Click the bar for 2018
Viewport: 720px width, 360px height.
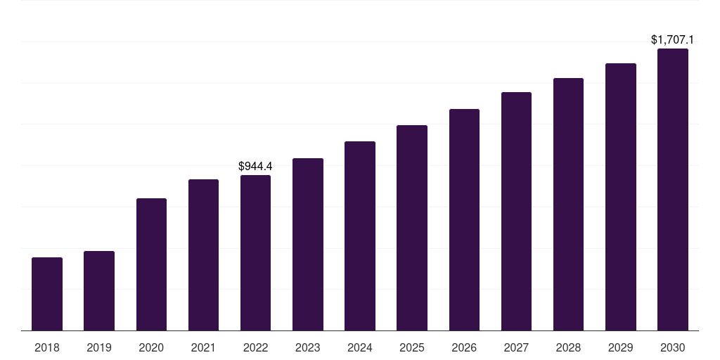click(47, 294)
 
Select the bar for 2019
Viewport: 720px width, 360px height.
click(99, 290)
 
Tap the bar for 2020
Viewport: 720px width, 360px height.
click(151, 264)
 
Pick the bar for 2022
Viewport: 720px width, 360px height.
click(255, 252)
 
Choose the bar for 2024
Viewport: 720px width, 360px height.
click(360, 236)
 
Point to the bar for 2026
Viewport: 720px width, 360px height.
click(464, 219)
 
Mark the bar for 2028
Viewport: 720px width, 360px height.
click(568, 204)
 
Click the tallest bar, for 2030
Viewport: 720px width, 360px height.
click(673, 189)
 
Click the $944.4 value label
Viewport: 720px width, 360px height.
click(255, 167)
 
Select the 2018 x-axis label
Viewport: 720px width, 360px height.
click(47, 347)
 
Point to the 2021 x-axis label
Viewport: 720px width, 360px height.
click(203, 347)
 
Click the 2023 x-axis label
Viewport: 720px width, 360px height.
click(308, 347)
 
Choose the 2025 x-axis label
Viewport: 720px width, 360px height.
click(412, 347)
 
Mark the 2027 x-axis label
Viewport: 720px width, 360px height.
click(516, 347)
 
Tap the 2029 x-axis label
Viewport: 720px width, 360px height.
click(621, 347)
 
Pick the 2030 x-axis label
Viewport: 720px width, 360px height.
click(673, 347)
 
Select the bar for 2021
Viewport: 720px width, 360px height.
click(203, 255)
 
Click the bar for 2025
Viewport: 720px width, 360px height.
click(412, 228)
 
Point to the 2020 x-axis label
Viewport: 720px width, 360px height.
click(151, 347)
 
